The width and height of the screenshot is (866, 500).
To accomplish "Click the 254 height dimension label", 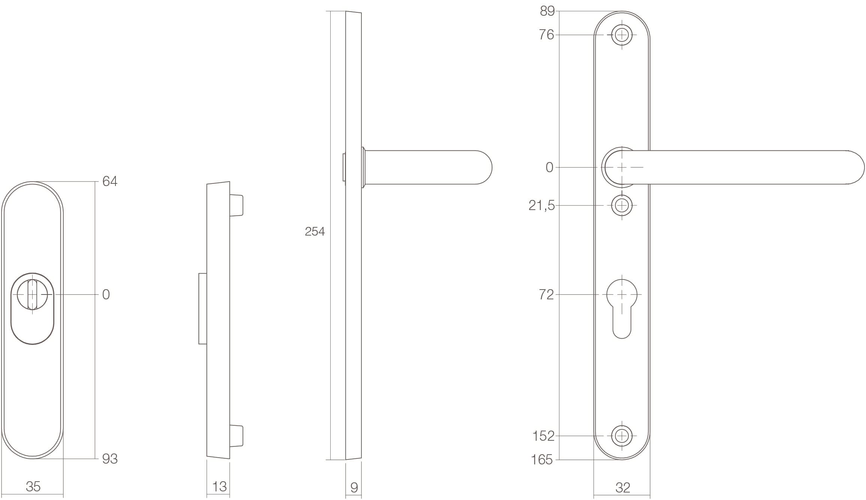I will pos(315,232).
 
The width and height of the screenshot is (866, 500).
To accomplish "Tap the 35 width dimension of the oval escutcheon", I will pos(33,486).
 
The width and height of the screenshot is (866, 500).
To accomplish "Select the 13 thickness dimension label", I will pos(219,486).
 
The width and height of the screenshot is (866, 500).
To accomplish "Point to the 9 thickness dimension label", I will pos(354,488).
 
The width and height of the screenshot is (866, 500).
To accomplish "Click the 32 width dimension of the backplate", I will pos(623,488).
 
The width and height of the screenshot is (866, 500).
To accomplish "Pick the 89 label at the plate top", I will pos(547,11).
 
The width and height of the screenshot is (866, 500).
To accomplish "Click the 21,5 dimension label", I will pos(541,206).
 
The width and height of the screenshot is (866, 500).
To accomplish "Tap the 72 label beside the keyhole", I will pos(546,295).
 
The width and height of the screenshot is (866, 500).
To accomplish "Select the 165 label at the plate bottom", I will pos(542,459).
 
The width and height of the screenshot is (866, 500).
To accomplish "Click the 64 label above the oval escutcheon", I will pos(110,182).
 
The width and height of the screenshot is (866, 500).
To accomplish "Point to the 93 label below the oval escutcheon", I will pos(110,459).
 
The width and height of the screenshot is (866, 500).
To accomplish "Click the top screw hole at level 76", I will pos(622,35).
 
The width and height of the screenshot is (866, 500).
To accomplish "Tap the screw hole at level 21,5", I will pos(622,206).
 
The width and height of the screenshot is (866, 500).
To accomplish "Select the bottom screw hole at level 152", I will pos(622,436).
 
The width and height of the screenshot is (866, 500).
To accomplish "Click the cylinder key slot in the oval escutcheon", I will pos(32,295).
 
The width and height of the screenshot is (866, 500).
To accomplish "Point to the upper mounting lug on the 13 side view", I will pos(236,205).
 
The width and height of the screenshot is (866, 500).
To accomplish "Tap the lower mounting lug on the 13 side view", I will pos(236,436).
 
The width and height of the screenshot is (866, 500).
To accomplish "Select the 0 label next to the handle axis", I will pos(549,167).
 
